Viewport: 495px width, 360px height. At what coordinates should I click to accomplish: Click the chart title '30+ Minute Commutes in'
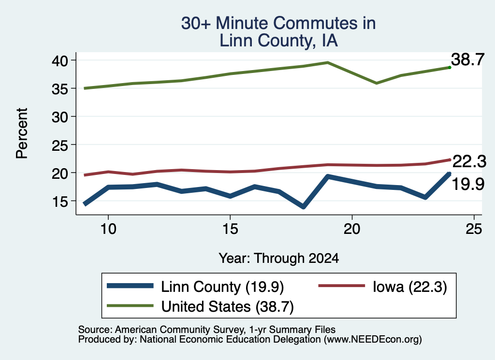click(x=278, y=23)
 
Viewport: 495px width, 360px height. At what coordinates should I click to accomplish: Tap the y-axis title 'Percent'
click(x=22, y=133)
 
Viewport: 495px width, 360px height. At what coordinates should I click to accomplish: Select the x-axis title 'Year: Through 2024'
click(x=279, y=258)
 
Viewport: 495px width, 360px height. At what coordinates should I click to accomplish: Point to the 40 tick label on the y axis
click(x=59, y=60)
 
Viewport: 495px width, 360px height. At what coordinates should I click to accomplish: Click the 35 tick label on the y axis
click(x=59, y=88)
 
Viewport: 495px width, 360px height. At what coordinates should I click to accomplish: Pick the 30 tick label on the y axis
click(x=59, y=117)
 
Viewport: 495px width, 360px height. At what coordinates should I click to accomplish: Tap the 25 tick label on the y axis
click(x=59, y=145)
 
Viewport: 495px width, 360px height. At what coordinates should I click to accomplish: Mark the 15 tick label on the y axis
click(x=59, y=202)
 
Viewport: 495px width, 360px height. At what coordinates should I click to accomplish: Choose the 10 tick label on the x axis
click(x=108, y=229)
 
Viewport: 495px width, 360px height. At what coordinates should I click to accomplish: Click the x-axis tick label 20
click(x=352, y=229)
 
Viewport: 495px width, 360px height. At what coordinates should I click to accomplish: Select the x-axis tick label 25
click(x=474, y=229)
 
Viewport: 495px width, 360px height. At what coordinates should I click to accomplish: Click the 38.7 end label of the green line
click(x=467, y=59)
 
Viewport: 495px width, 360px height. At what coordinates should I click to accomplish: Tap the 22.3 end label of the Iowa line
click(x=469, y=161)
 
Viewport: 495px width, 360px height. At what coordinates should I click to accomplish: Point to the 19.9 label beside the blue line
click(x=468, y=184)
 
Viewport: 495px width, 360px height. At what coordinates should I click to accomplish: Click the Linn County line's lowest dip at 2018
click(x=304, y=207)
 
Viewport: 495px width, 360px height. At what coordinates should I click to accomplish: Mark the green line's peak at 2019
click(x=328, y=62)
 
